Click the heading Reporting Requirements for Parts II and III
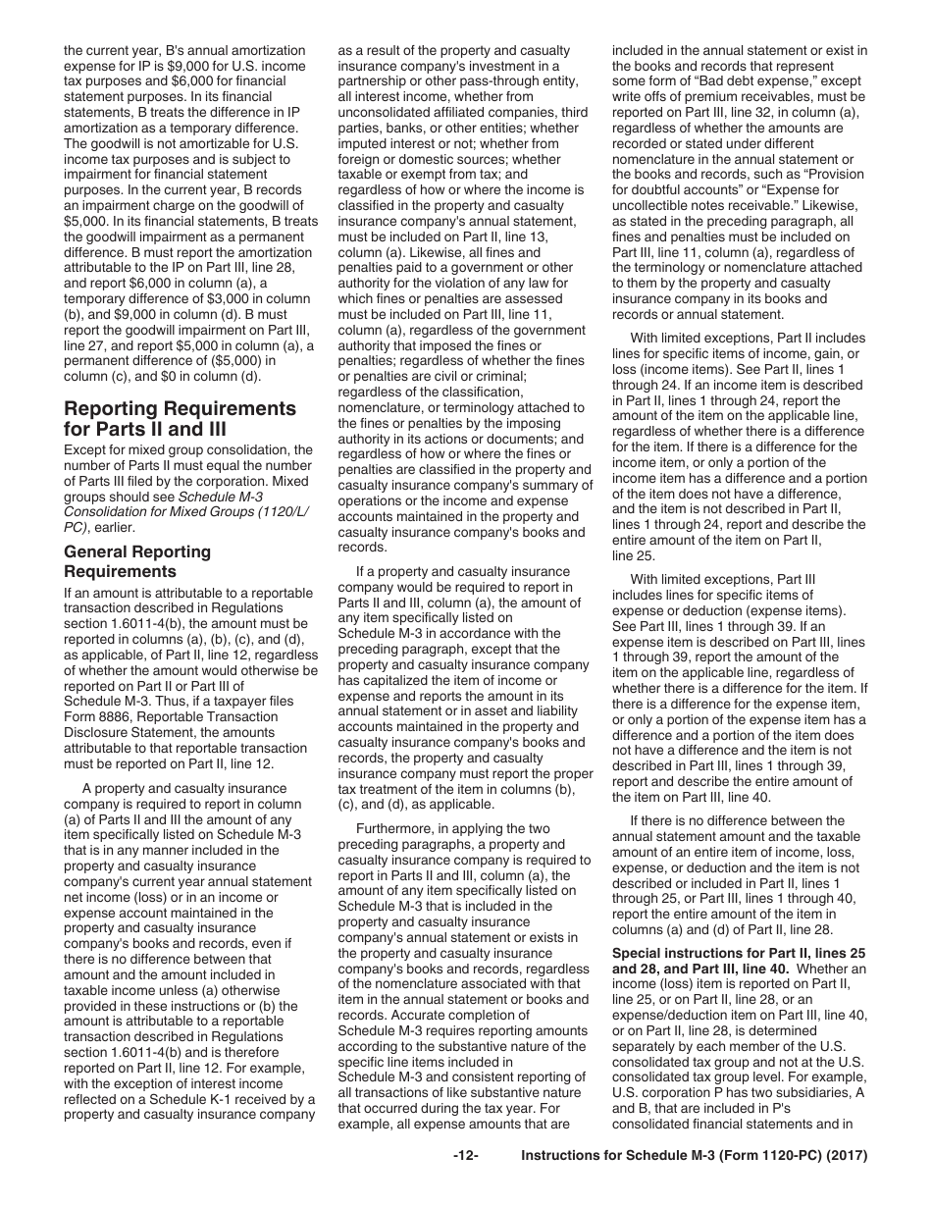click(180, 418)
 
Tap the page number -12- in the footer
click(465, 1156)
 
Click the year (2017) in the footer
click(849, 1156)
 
